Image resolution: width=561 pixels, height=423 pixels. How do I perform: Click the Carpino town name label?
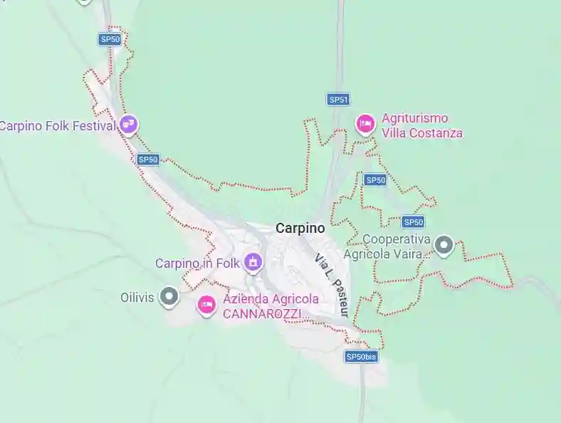click(x=300, y=229)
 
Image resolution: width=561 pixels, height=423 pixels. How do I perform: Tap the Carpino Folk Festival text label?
click(x=58, y=126)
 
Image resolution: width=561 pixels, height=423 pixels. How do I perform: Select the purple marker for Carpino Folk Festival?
click(x=129, y=125)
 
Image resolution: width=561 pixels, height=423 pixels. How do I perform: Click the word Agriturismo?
click(x=415, y=118)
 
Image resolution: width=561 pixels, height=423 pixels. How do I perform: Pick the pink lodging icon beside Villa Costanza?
click(x=365, y=124)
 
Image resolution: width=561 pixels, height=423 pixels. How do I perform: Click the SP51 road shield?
click(x=338, y=100)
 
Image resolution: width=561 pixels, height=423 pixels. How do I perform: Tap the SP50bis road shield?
click(x=361, y=356)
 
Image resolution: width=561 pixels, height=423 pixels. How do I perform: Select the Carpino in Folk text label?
click(x=197, y=263)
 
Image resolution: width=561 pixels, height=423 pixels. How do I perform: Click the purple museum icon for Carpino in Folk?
click(x=253, y=263)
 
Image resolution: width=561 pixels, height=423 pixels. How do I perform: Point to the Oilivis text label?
click(x=137, y=297)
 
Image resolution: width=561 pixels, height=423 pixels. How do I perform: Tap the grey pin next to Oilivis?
click(x=169, y=296)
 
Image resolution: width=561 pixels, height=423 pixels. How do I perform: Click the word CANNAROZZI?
click(x=266, y=313)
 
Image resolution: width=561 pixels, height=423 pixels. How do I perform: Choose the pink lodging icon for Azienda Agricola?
click(x=206, y=305)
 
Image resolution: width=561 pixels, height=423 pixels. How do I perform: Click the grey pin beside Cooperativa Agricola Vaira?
click(x=444, y=246)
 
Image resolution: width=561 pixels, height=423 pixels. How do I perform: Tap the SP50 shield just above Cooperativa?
click(x=412, y=221)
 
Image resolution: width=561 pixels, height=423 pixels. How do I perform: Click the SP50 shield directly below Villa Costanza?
click(x=375, y=180)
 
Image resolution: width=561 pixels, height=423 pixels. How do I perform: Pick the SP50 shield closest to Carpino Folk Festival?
click(x=147, y=160)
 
